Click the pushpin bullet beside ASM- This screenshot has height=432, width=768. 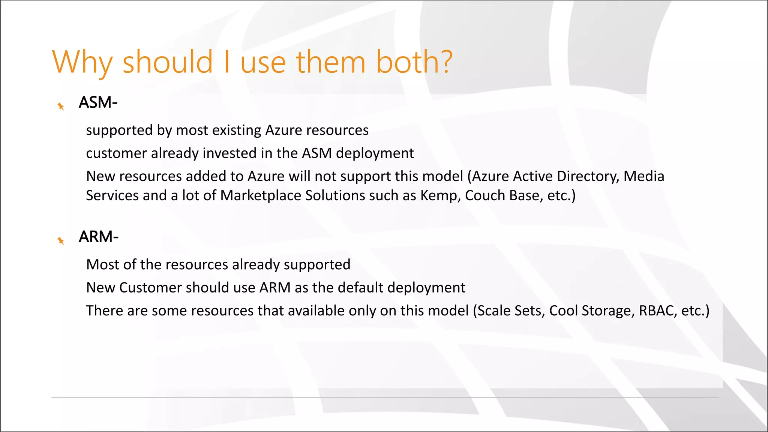coord(61,106)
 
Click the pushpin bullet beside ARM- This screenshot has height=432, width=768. coord(61,241)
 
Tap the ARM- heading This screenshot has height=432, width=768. coord(99,237)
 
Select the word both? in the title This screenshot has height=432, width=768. coord(414,62)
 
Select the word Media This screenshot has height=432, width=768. coord(644,176)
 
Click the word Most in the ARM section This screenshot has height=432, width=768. coord(102,265)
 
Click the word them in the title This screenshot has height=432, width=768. coord(331,62)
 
